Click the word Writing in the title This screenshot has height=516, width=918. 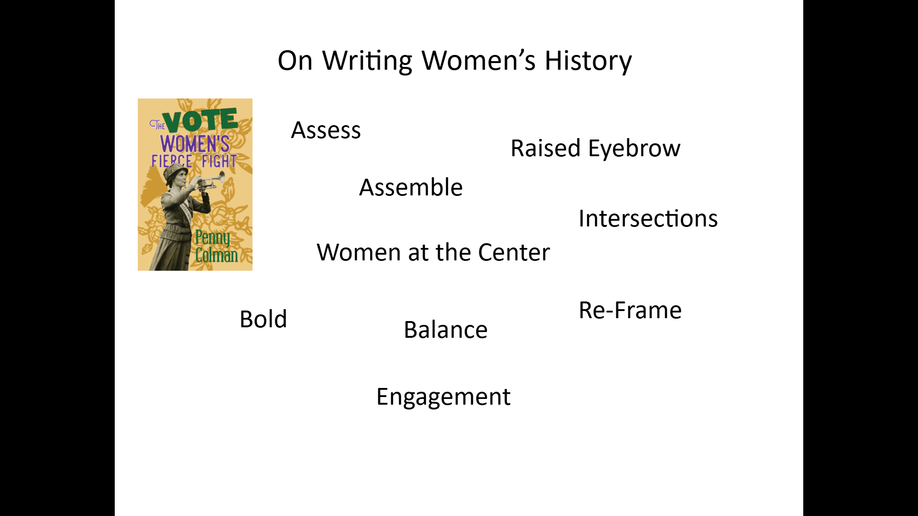coord(367,61)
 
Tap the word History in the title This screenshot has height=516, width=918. coord(588,61)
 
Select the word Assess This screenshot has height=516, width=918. coord(326,130)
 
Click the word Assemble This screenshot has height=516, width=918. coord(411,187)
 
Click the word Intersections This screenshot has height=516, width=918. coord(648,218)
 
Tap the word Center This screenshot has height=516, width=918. coord(514,252)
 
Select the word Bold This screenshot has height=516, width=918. coord(263,319)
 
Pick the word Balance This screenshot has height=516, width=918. coord(446,330)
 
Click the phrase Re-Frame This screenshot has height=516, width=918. coord(630,311)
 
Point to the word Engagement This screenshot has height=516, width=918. coord(443,397)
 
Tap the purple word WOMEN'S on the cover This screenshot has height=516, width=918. coord(195,144)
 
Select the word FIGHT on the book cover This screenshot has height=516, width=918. coord(219,161)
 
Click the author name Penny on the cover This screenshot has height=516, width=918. coord(212,237)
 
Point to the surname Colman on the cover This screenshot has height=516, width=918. coord(217,255)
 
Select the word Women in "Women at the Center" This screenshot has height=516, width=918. coord(358,252)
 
